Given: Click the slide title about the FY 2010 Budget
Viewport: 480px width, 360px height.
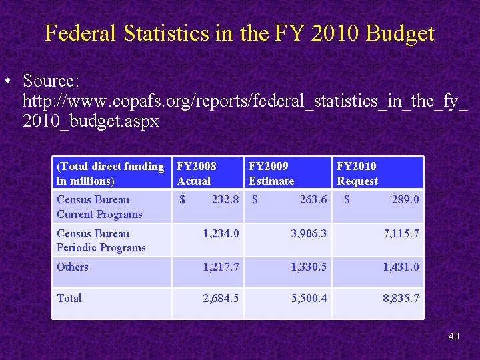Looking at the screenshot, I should pyautogui.click(x=240, y=33).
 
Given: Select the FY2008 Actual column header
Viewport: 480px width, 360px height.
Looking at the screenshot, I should pyautogui.click(x=197, y=173).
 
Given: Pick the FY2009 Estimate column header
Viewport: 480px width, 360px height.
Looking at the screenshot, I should pyautogui.click(x=271, y=173).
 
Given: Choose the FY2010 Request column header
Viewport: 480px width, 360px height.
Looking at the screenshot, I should pyautogui.click(x=357, y=173).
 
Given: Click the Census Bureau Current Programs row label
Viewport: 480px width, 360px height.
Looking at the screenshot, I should pyautogui.click(x=99, y=207).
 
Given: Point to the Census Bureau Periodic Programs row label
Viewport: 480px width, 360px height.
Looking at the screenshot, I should pyautogui.click(x=101, y=241).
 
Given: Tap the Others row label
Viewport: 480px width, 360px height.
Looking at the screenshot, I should pyautogui.click(x=73, y=267).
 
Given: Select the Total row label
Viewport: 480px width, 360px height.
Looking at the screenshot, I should pyautogui.click(x=69, y=298).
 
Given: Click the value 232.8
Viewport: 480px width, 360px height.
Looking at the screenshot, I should pyautogui.click(x=225, y=199).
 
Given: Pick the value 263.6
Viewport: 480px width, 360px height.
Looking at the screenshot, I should pyautogui.click(x=313, y=199).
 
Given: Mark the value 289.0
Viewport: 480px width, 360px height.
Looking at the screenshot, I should pyautogui.click(x=405, y=199).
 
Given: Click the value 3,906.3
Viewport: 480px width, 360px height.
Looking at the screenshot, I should pyautogui.click(x=309, y=233).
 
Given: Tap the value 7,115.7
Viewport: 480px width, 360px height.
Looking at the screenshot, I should pyautogui.click(x=401, y=233).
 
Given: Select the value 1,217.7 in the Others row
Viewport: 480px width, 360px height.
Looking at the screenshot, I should pyautogui.click(x=221, y=267).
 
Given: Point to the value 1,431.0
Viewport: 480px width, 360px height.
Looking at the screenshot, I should pyautogui.click(x=401, y=267).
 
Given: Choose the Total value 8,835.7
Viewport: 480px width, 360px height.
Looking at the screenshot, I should pyautogui.click(x=401, y=298).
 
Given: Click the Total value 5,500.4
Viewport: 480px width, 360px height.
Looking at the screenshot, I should pyautogui.click(x=309, y=298).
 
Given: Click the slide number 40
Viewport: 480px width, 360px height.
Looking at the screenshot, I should pyautogui.click(x=453, y=336).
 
